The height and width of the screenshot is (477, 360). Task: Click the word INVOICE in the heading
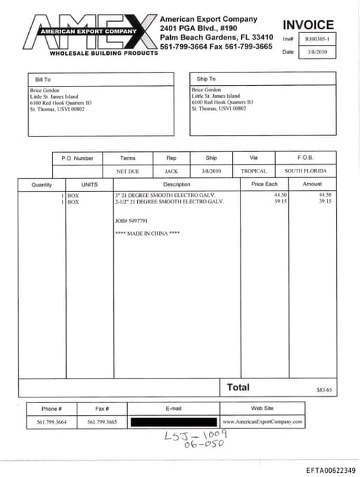point(308,25)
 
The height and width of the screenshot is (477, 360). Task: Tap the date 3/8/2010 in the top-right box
point(319,52)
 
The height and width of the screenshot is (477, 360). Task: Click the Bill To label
point(43,79)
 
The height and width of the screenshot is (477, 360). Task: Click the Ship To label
point(206,79)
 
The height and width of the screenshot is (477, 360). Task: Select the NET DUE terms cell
point(128,171)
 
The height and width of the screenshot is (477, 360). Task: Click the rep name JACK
point(172,171)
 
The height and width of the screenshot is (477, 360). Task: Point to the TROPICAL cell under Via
point(254,171)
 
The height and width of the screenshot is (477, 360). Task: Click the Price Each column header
point(264,184)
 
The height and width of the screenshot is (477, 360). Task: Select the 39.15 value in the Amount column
point(324,201)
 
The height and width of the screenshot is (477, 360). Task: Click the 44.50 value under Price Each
point(281,194)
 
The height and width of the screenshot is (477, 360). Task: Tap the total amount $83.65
point(324,389)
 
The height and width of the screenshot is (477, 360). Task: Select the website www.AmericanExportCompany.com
point(262,422)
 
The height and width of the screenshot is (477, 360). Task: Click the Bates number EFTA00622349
point(330,470)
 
